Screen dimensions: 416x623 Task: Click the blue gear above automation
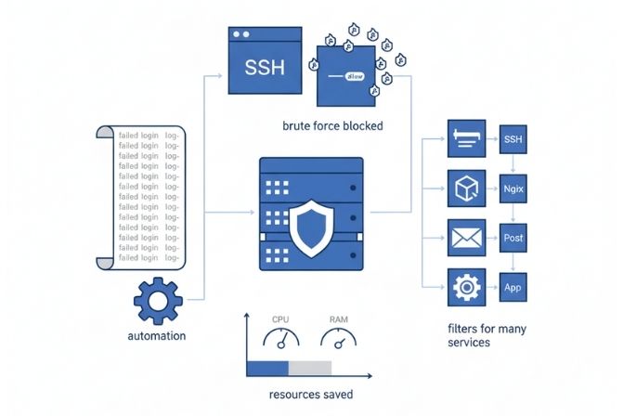tap(158, 299)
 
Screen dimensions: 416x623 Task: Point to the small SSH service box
tap(513, 139)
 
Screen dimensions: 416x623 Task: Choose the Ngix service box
tap(513, 188)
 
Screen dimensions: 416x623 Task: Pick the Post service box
tap(513, 238)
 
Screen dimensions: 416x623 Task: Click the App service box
tap(513, 287)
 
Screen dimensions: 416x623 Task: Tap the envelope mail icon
tap(463, 238)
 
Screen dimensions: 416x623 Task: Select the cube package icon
tap(463, 188)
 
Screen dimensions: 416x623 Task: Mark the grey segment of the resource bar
tap(311, 369)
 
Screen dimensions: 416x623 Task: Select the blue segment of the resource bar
tap(269, 369)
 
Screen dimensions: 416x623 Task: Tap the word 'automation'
tap(156, 335)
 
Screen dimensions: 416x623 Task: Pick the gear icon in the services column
tap(463, 287)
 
